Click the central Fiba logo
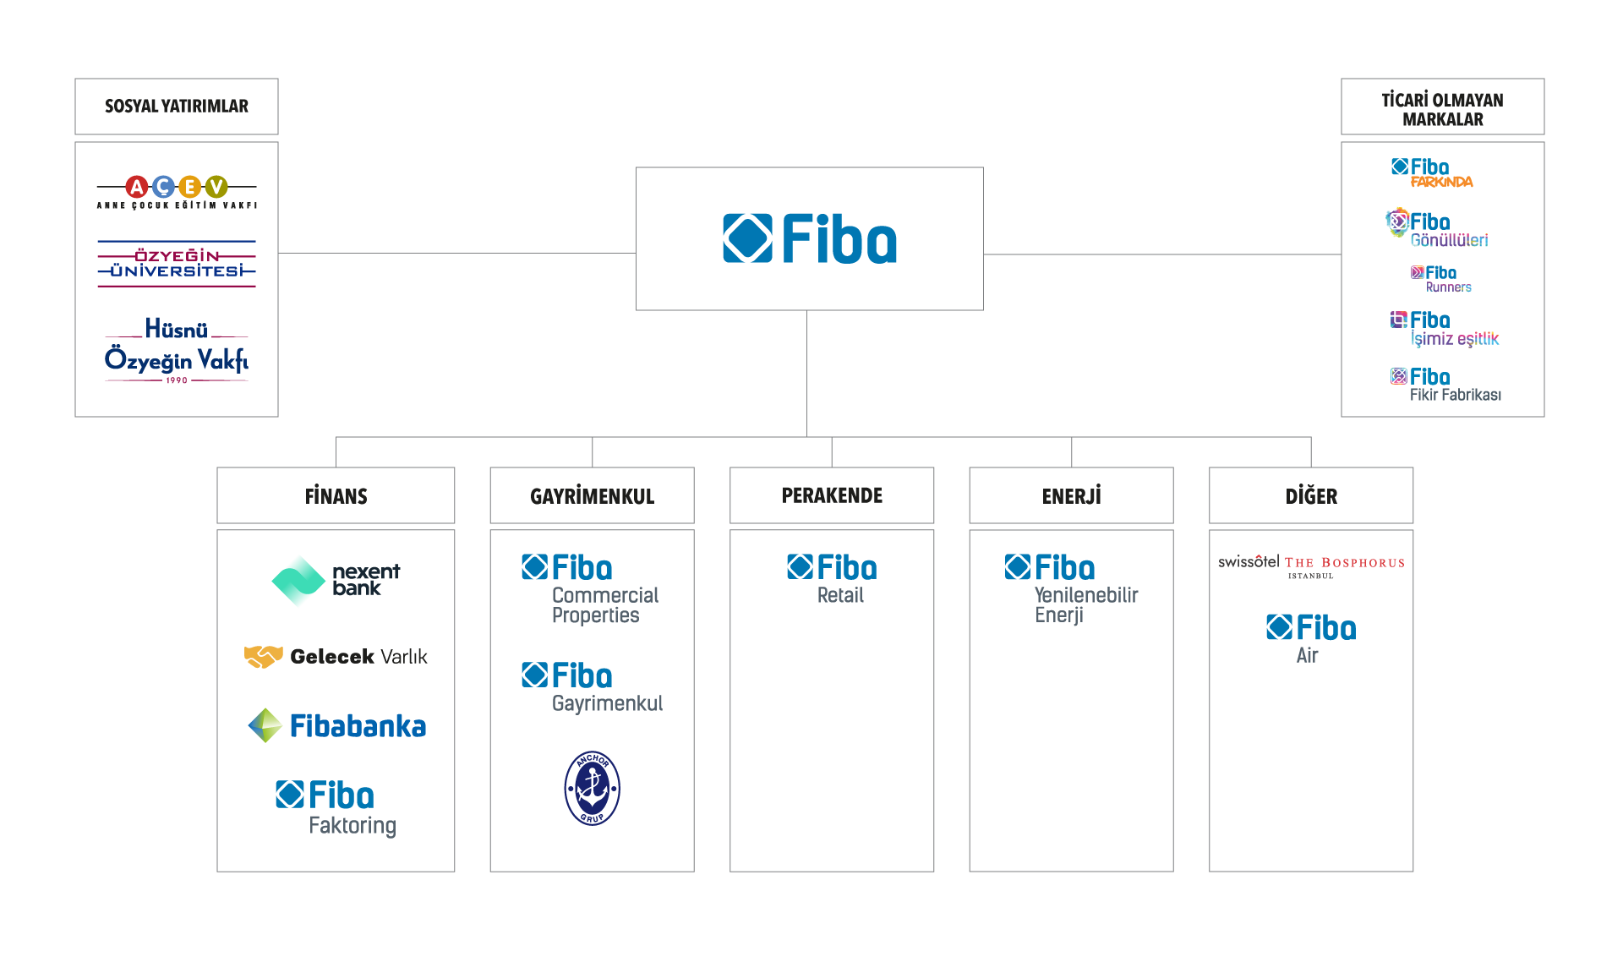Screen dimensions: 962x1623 810,238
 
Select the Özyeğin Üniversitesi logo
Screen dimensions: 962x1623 177,263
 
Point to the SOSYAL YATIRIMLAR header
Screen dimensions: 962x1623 177,107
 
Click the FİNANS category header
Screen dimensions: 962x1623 336,496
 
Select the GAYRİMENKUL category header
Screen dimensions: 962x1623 592,496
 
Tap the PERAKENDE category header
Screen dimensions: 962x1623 832,496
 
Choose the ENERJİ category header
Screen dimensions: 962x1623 1071,496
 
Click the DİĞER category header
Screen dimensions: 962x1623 1311,496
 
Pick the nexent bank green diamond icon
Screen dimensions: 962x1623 298,581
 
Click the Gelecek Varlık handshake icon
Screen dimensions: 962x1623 264,657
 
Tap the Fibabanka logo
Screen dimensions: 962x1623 336,726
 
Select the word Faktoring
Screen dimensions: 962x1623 352,826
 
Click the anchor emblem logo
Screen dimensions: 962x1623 592,788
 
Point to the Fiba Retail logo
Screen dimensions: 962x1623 832,579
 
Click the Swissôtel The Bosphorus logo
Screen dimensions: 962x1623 1311,566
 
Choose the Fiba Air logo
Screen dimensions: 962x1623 1311,638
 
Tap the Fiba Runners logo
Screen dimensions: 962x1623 1442,279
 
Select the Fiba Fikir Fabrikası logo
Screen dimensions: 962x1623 1445,385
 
